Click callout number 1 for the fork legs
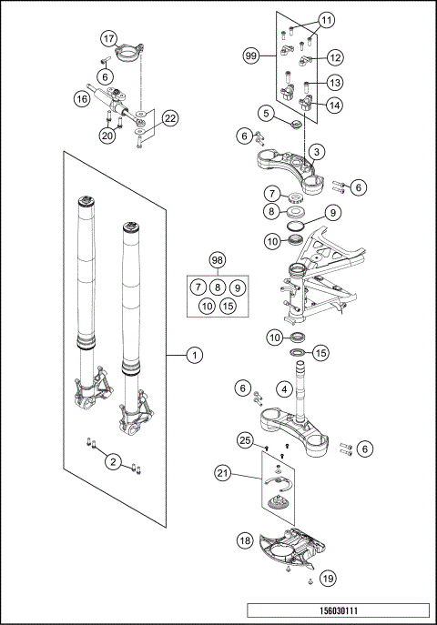pyautogui.click(x=193, y=356)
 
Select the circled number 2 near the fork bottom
pyautogui.click(x=112, y=462)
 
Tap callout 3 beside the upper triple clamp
pyautogui.click(x=314, y=150)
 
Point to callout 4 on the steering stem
pyautogui.click(x=284, y=390)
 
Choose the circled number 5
pyautogui.click(x=265, y=114)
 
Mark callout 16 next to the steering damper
pyautogui.click(x=81, y=100)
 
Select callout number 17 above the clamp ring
pyautogui.click(x=108, y=38)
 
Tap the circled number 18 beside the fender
pyautogui.click(x=246, y=539)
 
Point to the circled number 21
pyautogui.click(x=223, y=472)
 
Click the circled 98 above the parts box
pyautogui.click(x=217, y=260)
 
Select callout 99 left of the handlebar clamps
pyautogui.click(x=251, y=56)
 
